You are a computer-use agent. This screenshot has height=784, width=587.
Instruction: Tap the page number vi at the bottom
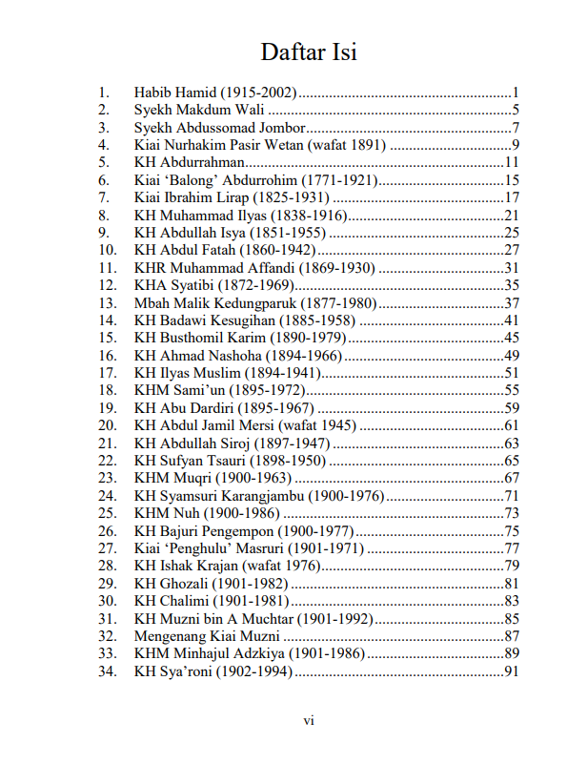click(x=308, y=721)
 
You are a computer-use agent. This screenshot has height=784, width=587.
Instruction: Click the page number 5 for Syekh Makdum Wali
click(x=514, y=111)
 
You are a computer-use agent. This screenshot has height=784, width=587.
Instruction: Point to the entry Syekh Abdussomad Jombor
click(x=220, y=128)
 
